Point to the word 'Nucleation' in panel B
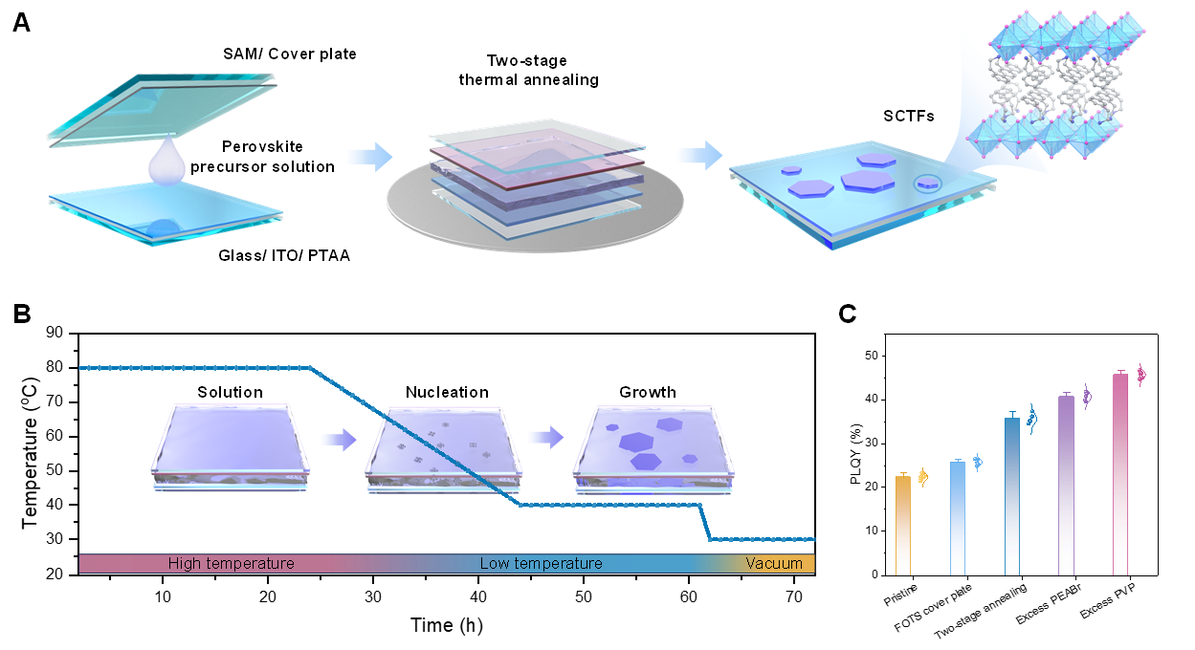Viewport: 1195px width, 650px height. point(447,392)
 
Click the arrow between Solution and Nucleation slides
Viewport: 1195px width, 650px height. point(338,439)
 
